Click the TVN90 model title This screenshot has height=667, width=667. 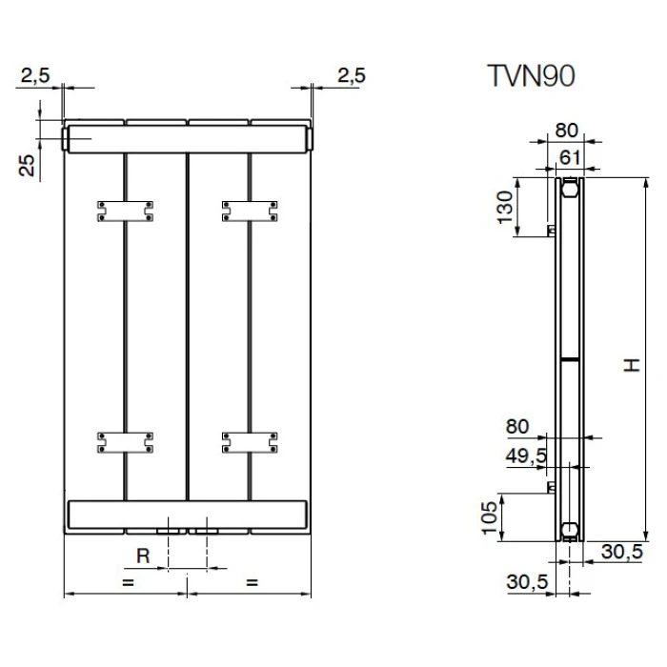pos(531,76)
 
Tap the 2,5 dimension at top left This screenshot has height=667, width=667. pos(34,76)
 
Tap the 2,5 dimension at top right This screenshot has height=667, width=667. pos(351,76)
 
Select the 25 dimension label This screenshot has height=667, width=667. pos(28,166)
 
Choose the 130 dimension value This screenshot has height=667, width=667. pos(505,206)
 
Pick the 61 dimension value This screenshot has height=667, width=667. pos(569,155)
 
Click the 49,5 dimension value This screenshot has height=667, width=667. pos(527,455)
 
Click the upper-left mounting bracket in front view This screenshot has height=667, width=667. pos(124,211)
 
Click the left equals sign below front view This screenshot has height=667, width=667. pos(126,580)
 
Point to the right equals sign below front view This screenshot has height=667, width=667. pos(251,580)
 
